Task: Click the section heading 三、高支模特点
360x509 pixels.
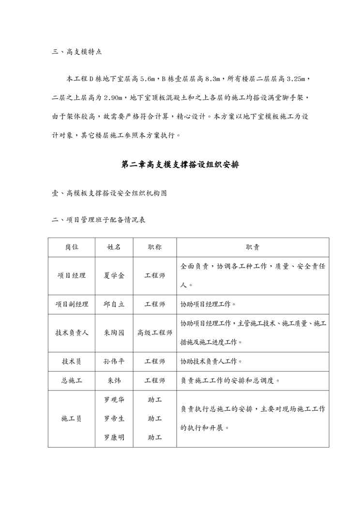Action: pos(76,51)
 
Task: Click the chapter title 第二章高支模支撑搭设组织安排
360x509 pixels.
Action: pos(180,165)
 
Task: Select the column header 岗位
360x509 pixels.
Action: pos(72,247)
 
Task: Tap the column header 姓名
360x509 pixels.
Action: pos(114,247)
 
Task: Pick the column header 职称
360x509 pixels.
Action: pos(155,247)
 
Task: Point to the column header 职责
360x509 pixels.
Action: pos(253,247)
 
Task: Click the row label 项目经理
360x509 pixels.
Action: pos(72,275)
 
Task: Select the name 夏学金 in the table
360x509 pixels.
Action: pos(114,275)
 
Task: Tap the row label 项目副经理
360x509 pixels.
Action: pos(72,304)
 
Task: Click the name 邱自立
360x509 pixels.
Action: pos(114,304)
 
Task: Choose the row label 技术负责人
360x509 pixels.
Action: pos(72,333)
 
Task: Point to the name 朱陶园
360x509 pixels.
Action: pos(114,333)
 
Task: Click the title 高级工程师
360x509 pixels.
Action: pos(155,333)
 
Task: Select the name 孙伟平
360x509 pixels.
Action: pos(114,361)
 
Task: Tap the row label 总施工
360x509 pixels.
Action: pos(72,381)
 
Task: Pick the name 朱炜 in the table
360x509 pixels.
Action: pos(114,381)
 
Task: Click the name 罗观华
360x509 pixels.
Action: pos(114,400)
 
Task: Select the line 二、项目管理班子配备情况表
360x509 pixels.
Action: pos(99,220)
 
